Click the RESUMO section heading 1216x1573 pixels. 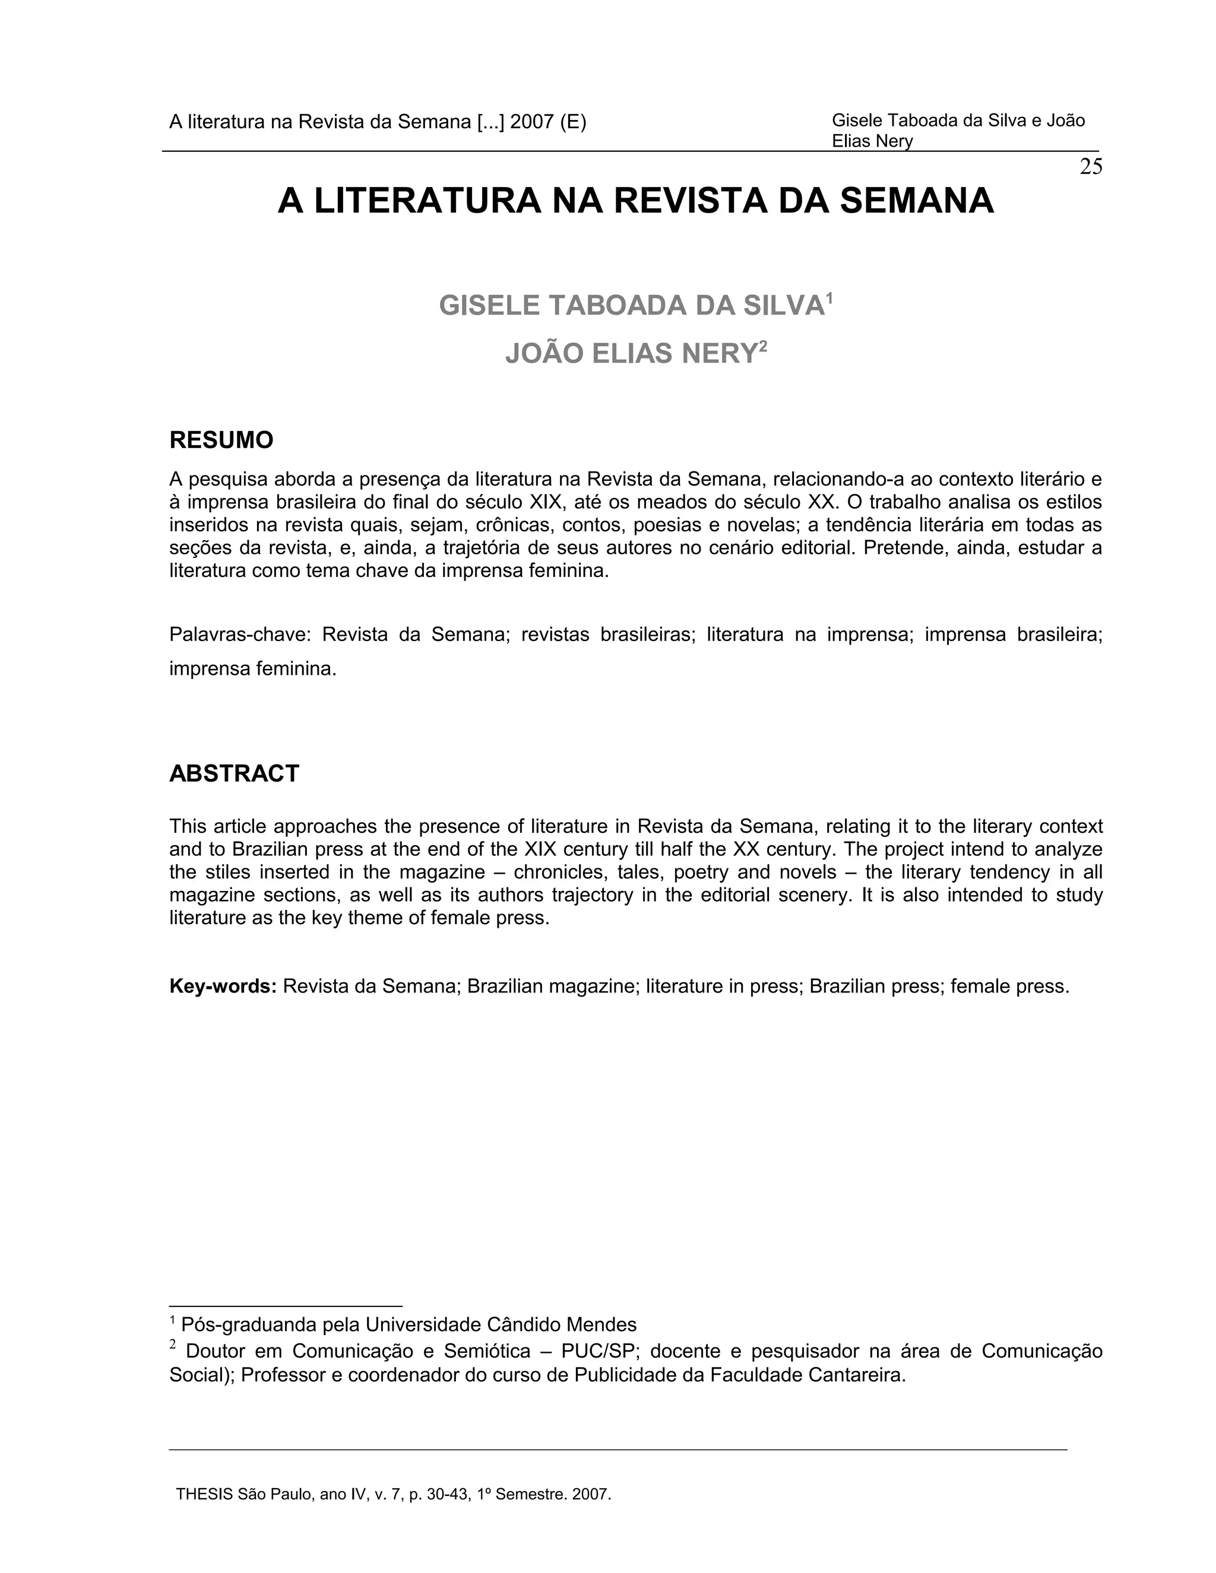[x=221, y=440]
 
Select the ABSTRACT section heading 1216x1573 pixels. [x=234, y=773]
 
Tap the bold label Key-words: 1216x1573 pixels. [x=223, y=986]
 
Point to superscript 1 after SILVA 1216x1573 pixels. [x=829, y=297]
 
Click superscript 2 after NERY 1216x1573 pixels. [x=762, y=345]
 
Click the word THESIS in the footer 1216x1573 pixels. [x=205, y=1495]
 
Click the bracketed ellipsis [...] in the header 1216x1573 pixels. [x=490, y=122]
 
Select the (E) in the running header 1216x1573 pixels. [x=573, y=122]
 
